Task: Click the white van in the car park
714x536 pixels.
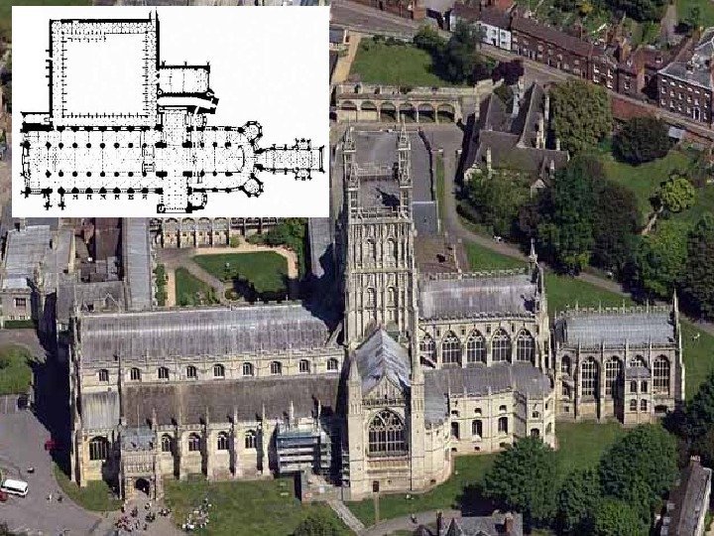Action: (x=14, y=487)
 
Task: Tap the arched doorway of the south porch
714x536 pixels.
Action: (x=142, y=486)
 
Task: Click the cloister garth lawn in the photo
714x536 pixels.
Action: (x=243, y=269)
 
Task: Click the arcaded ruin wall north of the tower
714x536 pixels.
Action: (x=397, y=104)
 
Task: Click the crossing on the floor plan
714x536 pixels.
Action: (x=175, y=155)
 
